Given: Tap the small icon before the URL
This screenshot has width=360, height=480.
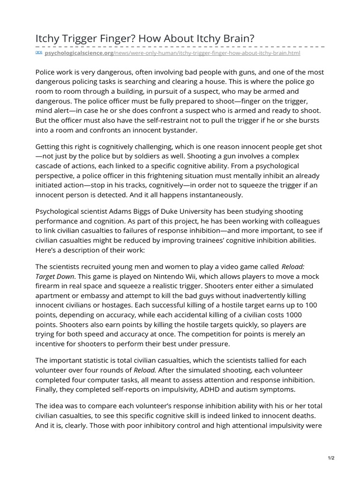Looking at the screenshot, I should point(39,53).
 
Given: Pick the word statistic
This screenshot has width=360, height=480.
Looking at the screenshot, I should point(100,360).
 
